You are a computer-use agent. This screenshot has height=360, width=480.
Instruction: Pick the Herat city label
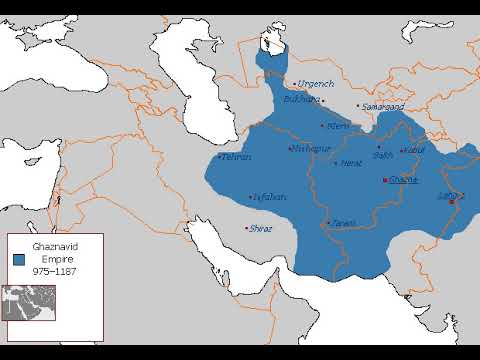[351, 162]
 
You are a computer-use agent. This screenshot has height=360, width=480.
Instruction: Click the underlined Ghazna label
[405, 180]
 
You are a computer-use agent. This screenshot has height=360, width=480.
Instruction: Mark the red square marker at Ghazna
[385, 181]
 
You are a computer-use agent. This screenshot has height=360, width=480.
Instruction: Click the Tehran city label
[236, 157]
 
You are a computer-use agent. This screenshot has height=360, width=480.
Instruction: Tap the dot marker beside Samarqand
[358, 106]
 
